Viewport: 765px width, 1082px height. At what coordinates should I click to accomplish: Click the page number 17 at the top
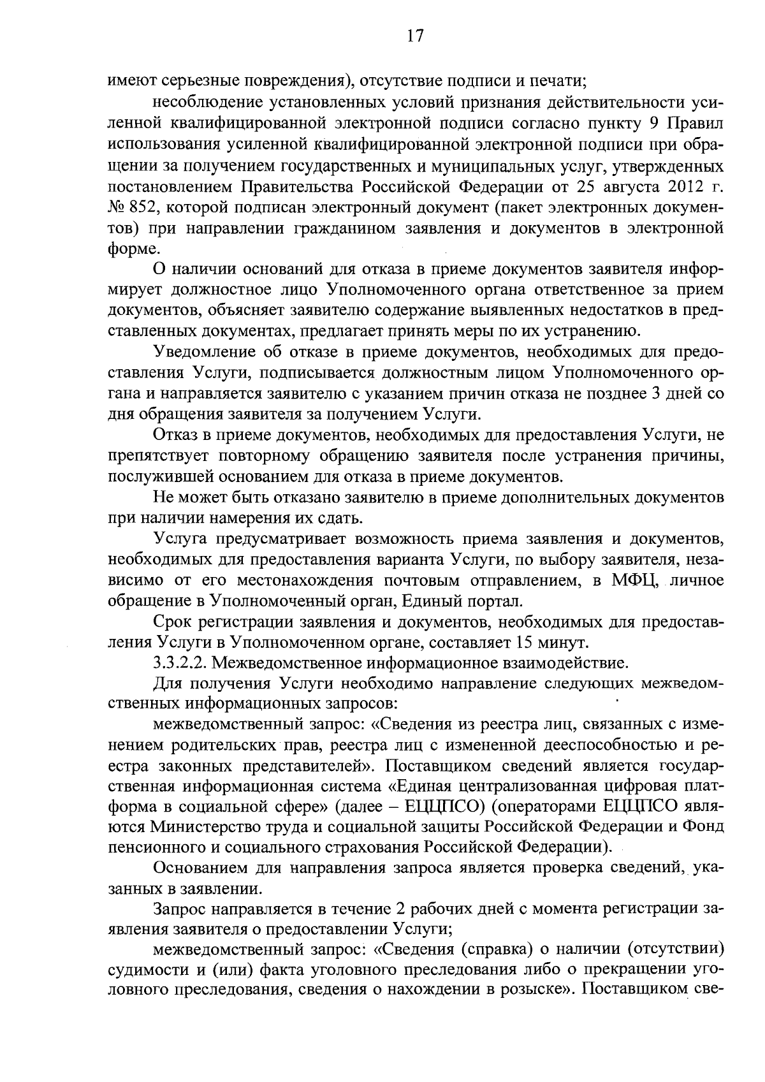[414, 36]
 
